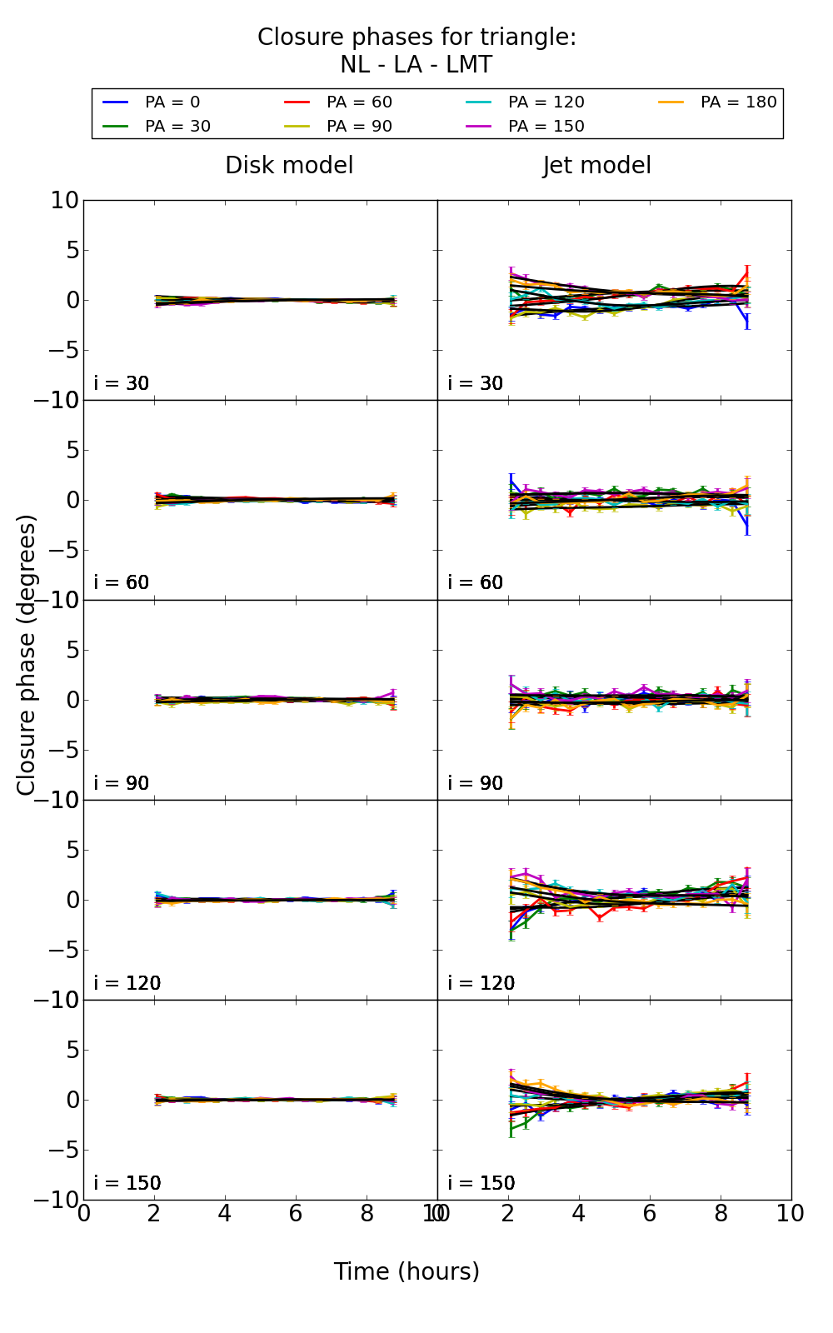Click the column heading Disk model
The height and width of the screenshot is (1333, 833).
[289, 166]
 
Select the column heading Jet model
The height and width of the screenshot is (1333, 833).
[596, 166]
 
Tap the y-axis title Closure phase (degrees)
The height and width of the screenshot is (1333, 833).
[27, 655]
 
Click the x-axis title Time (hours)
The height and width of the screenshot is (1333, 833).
[407, 1272]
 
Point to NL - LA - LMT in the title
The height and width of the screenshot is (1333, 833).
[416, 65]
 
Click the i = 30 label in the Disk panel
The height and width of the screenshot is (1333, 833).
[122, 384]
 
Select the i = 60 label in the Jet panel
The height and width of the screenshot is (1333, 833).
[476, 583]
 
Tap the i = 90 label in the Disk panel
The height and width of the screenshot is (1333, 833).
[122, 783]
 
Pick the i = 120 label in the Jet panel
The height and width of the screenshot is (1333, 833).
[481, 983]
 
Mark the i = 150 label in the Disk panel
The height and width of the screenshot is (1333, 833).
[127, 1183]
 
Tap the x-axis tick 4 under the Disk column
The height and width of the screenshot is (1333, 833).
[225, 1214]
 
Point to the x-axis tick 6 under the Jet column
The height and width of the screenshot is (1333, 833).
[650, 1214]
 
